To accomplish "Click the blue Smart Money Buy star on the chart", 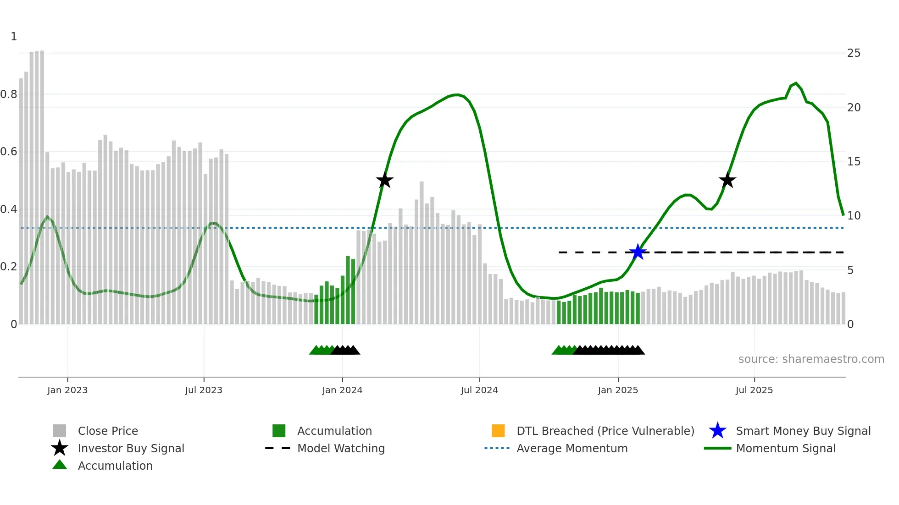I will [x=638, y=252].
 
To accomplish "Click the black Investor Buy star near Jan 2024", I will [x=384, y=180].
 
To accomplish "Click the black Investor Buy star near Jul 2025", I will [x=727, y=180].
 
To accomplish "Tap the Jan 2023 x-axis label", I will [x=67, y=390].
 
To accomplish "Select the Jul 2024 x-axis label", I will [x=479, y=390].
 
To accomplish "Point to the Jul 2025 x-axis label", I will [x=754, y=390].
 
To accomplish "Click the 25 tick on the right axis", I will [x=854, y=53].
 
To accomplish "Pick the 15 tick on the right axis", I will [x=854, y=162].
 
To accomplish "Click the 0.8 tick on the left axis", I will [x=9, y=94].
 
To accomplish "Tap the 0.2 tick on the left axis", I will [x=9, y=267].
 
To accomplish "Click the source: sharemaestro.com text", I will [x=811, y=359].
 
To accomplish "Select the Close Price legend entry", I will [x=108, y=431].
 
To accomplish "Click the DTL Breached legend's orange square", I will [x=498, y=431].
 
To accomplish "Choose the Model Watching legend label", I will [x=341, y=448].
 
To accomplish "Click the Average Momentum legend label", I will [x=572, y=448].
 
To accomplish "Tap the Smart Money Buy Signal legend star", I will [x=717, y=431].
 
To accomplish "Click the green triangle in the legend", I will [x=60, y=465].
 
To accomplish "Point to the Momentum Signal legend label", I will [x=786, y=448].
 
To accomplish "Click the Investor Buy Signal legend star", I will [x=60, y=448].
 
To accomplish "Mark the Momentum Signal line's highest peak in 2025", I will [x=796, y=83].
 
